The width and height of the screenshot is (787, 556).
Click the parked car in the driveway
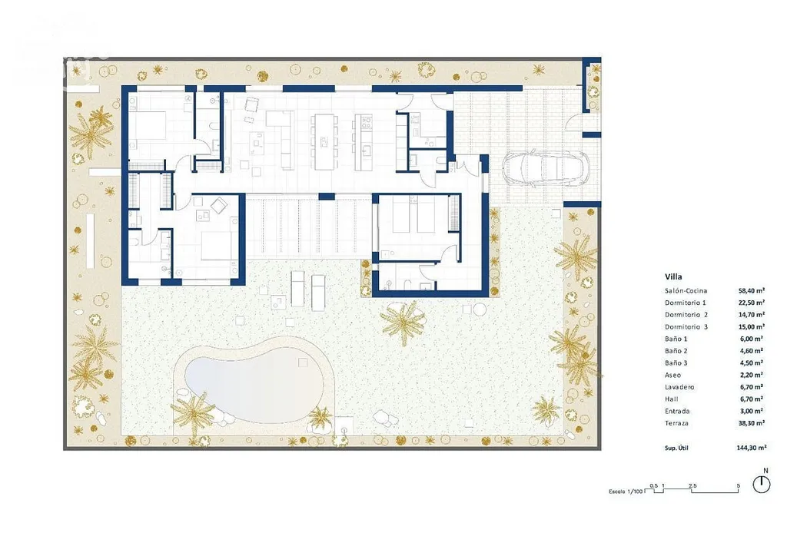546,168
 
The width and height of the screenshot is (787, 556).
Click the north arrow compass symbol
762,484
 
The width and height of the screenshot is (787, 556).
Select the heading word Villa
673,276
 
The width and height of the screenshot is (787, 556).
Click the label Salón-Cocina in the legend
686,291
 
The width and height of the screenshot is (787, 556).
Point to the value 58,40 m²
752,290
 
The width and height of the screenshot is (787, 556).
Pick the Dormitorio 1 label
685,303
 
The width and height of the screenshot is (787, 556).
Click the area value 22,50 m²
752,303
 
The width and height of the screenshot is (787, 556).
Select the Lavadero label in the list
679,387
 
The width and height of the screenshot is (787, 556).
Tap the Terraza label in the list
676,423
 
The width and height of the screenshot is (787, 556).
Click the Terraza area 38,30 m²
752,422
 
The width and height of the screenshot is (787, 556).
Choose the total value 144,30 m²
752,448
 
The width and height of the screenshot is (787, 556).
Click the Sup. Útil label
676,448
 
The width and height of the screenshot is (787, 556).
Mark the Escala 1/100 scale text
626,491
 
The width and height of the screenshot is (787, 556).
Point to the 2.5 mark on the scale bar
692,486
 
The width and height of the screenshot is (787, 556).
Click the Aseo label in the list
672,375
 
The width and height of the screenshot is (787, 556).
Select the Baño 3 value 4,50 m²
752,362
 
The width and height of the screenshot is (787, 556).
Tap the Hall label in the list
671,399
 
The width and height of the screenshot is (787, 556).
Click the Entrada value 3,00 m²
752,411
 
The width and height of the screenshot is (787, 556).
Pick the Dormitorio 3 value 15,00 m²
752,326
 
